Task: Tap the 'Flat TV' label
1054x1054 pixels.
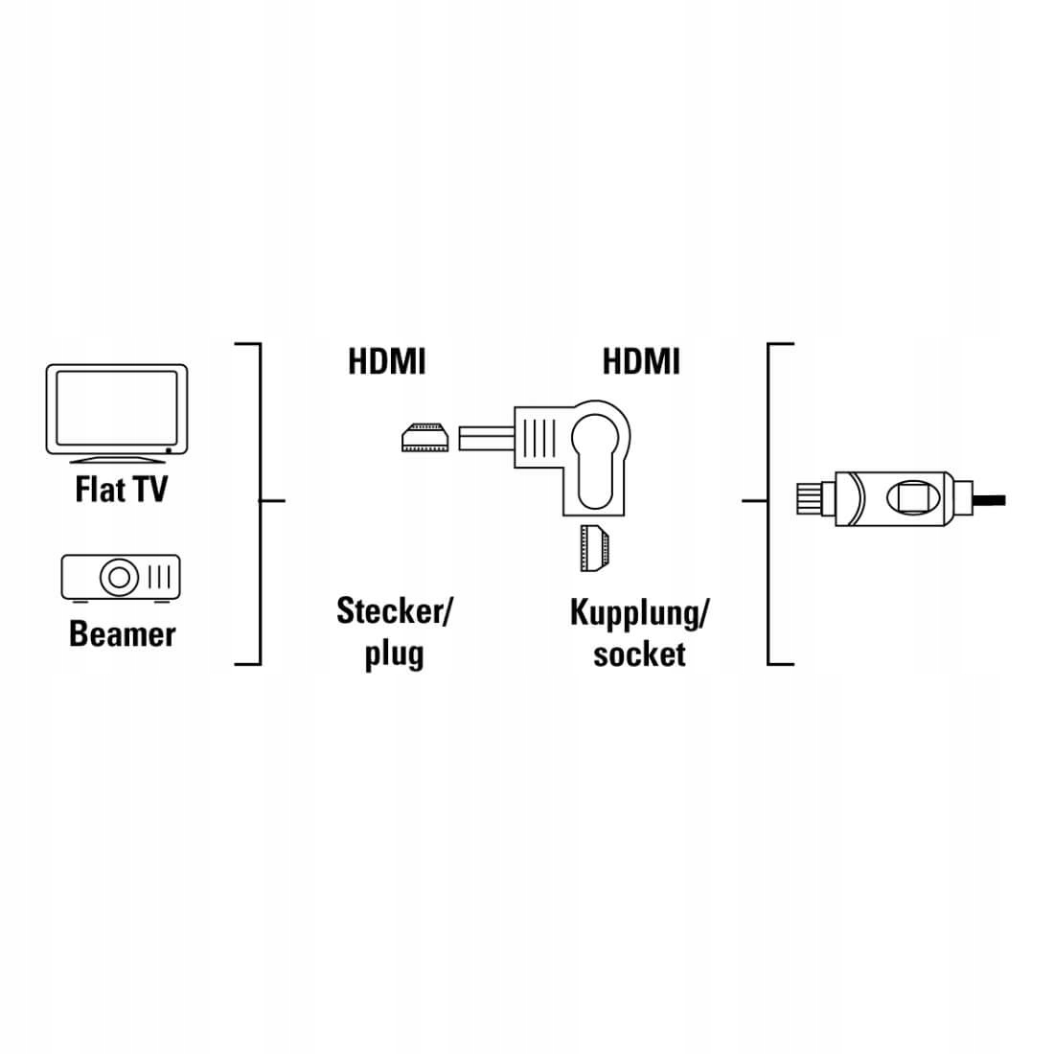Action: pos(121,490)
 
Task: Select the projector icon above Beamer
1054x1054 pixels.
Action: pos(121,577)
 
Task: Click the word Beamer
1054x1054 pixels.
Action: pos(122,634)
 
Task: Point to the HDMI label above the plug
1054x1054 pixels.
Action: pos(386,362)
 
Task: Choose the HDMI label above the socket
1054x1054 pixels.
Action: pos(641,362)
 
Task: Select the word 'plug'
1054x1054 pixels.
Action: pos(394,655)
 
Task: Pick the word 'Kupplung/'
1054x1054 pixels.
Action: pos(639,612)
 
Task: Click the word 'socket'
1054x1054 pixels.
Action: pos(639,655)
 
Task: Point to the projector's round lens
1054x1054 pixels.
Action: pos(119,578)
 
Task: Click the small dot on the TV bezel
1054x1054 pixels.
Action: pos(169,449)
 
